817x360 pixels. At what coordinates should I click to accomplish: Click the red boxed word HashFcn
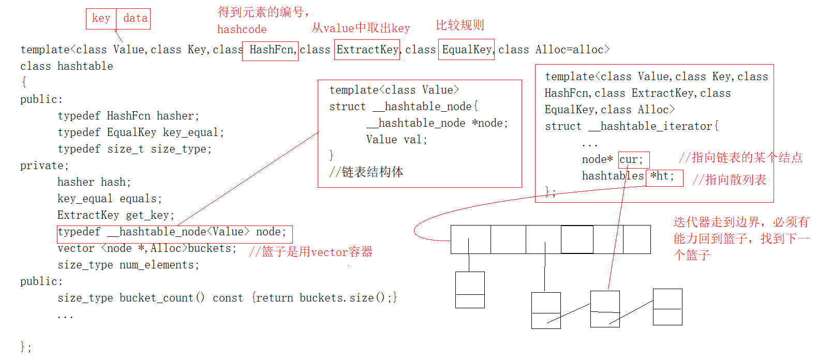(271, 50)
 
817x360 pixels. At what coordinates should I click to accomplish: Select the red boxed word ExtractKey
(367, 50)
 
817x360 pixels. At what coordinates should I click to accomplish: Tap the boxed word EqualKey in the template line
(466, 50)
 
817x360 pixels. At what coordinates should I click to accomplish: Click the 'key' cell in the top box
(101, 19)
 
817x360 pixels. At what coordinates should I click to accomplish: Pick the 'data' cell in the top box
(135, 19)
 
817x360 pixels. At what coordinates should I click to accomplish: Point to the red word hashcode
(242, 29)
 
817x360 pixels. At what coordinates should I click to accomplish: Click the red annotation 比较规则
(460, 25)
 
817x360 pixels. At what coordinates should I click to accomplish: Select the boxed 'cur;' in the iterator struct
(632, 160)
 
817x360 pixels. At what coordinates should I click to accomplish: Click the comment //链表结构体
(366, 172)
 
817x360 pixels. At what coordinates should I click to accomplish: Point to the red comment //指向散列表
(730, 180)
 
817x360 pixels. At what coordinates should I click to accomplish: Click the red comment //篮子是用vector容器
(310, 252)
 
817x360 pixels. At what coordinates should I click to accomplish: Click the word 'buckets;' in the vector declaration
(212, 249)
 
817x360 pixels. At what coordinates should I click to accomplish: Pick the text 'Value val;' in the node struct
(396, 140)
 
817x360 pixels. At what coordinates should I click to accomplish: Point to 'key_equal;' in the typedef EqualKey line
(193, 133)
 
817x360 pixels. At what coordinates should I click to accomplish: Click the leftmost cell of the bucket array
(470, 239)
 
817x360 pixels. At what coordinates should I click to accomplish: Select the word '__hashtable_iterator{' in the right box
(653, 127)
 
